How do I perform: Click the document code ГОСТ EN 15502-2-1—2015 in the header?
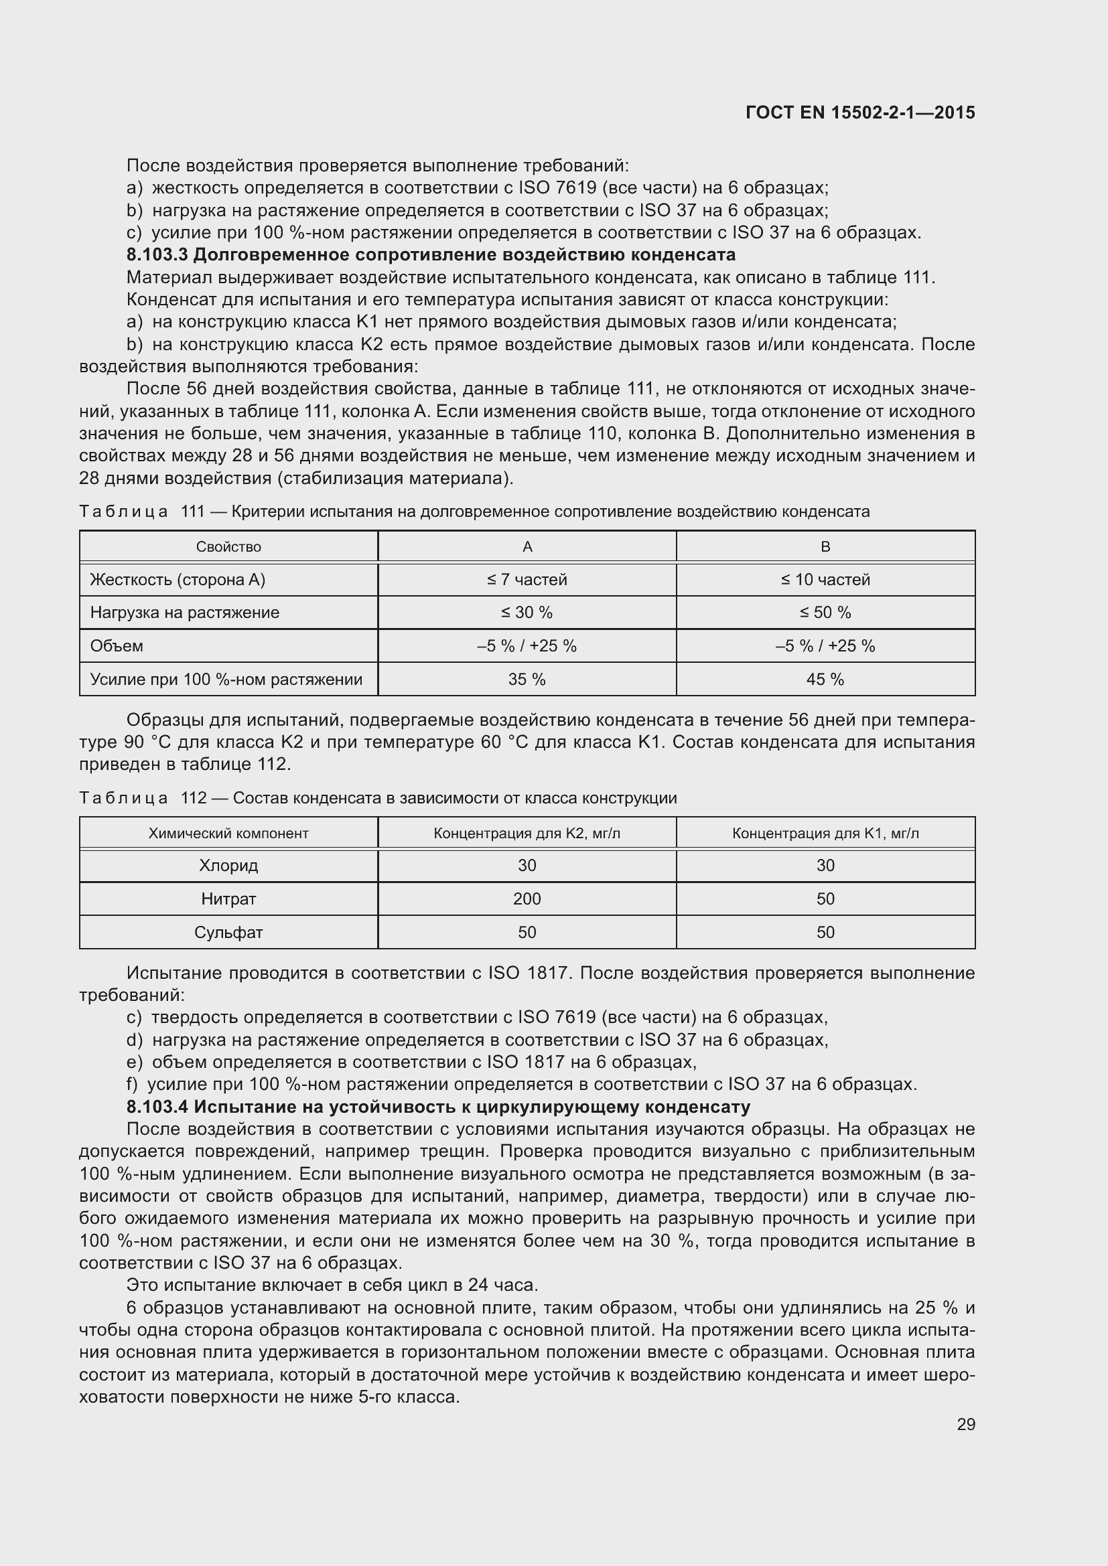[859, 112]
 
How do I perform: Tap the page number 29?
[965, 1425]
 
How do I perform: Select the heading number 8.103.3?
[157, 255]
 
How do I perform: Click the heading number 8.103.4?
[157, 1106]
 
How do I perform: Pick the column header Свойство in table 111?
[228, 547]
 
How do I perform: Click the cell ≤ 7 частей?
[527, 580]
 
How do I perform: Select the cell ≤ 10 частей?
[825, 580]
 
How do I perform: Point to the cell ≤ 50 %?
[825, 613]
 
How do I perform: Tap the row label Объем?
[117, 646]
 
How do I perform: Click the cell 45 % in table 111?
[825, 680]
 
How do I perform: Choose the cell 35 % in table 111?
[527, 680]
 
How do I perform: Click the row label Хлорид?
[228, 866]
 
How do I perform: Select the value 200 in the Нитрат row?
[527, 899]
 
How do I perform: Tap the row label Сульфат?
[228, 933]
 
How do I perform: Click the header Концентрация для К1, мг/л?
[825, 834]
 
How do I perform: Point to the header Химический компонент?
[228, 834]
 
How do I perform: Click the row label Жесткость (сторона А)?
[178, 580]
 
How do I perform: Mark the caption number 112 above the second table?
[194, 798]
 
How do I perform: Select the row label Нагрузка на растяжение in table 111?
[185, 613]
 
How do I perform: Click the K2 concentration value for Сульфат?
[527, 933]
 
